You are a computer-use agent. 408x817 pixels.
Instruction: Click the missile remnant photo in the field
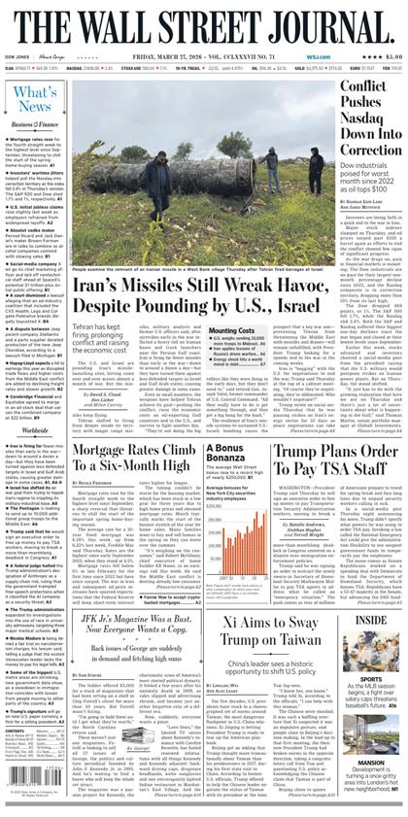pos(203,160)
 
